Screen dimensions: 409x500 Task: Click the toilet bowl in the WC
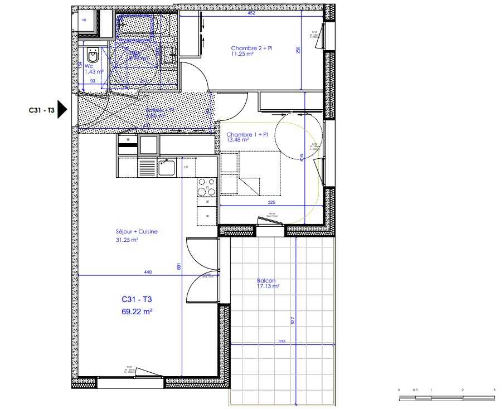93,56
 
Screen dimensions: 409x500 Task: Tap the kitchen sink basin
166,167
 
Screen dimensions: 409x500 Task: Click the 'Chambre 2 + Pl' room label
252,48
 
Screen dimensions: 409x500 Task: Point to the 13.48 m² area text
238,140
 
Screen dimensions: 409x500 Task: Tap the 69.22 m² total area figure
137,312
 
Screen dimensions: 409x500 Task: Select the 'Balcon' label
266,281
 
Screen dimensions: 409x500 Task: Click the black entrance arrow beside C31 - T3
62,110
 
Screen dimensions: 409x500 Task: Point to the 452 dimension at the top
251,13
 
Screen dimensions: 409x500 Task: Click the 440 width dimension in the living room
148,272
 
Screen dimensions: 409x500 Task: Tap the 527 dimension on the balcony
293,321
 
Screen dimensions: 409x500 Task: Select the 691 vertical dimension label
179,266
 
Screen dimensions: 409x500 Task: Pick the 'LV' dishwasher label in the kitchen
186,167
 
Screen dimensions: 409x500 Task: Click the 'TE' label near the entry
128,139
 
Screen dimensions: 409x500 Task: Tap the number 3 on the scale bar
494,390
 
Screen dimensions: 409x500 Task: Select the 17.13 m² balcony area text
268,286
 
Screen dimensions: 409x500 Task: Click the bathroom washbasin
168,55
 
